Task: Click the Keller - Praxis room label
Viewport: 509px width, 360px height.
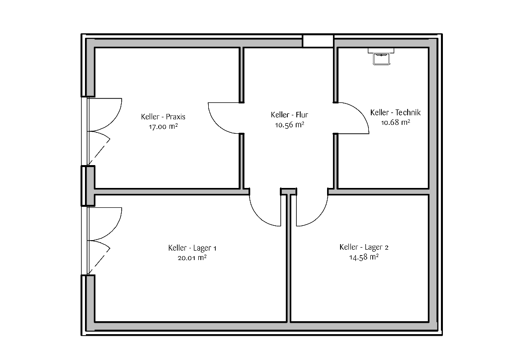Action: (163, 116)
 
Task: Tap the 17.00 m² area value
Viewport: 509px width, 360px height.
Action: (163, 127)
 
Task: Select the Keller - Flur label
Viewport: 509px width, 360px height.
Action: (289, 114)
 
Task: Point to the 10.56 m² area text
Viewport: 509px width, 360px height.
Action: (289, 125)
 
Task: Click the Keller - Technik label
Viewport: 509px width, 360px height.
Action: (395, 112)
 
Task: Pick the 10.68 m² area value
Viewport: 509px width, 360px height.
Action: (395, 122)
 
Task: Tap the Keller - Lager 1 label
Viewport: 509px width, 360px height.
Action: (192, 248)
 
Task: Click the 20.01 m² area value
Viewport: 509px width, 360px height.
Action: (192, 258)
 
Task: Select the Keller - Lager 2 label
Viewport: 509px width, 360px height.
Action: (364, 247)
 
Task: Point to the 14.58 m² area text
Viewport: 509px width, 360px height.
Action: (364, 257)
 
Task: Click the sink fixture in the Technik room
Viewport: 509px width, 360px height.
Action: (381, 57)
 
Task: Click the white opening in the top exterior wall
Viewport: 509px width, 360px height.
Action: (318, 41)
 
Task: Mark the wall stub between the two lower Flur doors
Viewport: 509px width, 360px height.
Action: (289, 191)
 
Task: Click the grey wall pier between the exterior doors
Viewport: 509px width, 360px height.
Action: (88, 186)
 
